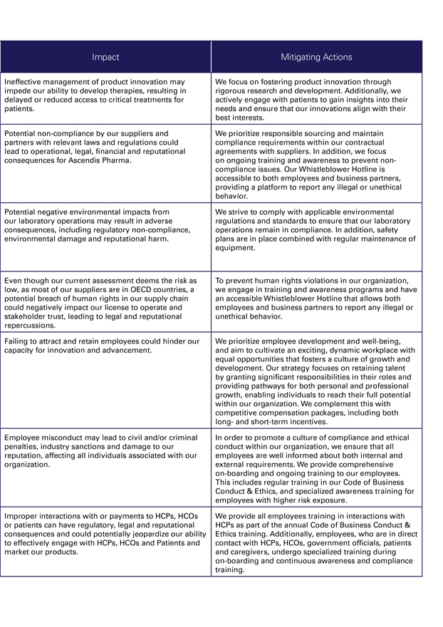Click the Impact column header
[105, 57]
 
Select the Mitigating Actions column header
[316, 57]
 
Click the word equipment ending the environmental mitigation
[235, 248]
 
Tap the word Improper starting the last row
[22, 516]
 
